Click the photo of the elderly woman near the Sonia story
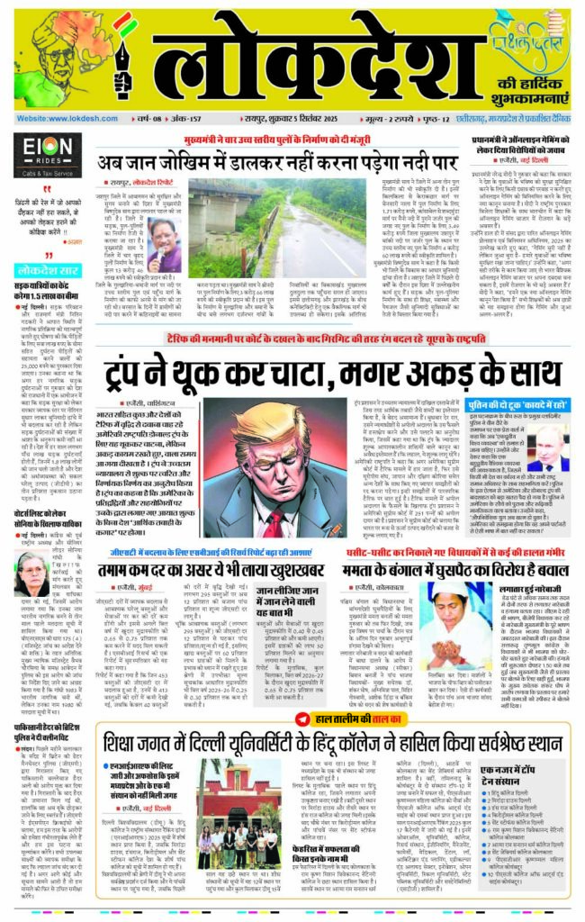[x=32, y=575]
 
